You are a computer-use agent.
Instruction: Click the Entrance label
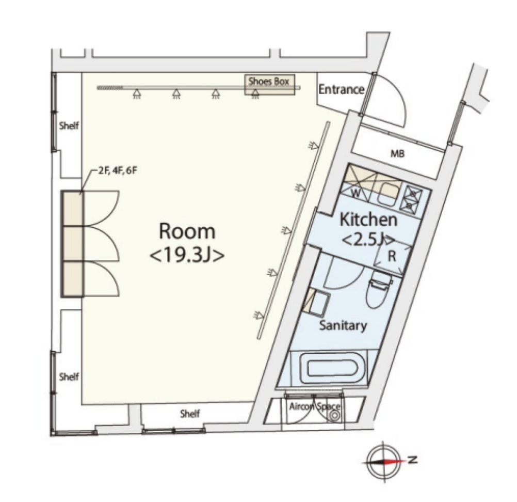pyautogui.click(x=341, y=89)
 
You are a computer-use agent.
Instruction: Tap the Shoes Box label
pyautogui.click(x=269, y=81)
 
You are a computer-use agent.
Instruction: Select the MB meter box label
pyautogui.click(x=397, y=153)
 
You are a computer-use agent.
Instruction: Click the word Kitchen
pyautogui.click(x=368, y=220)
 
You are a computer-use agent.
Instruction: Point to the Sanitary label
pyautogui.click(x=343, y=325)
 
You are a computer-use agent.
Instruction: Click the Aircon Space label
pyautogui.click(x=315, y=406)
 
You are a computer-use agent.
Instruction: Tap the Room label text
pyautogui.click(x=187, y=231)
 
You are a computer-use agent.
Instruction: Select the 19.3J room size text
pyautogui.click(x=187, y=256)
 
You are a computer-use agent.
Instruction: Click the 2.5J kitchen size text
pyautogui.click(x=368, y=240)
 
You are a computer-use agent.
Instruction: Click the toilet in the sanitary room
pyautogui.click(x=379, y=290)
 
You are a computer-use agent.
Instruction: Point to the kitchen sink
pyautogui.click(x=388, y=194)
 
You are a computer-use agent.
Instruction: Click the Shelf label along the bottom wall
pyautogui.click(x=190, y=413)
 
